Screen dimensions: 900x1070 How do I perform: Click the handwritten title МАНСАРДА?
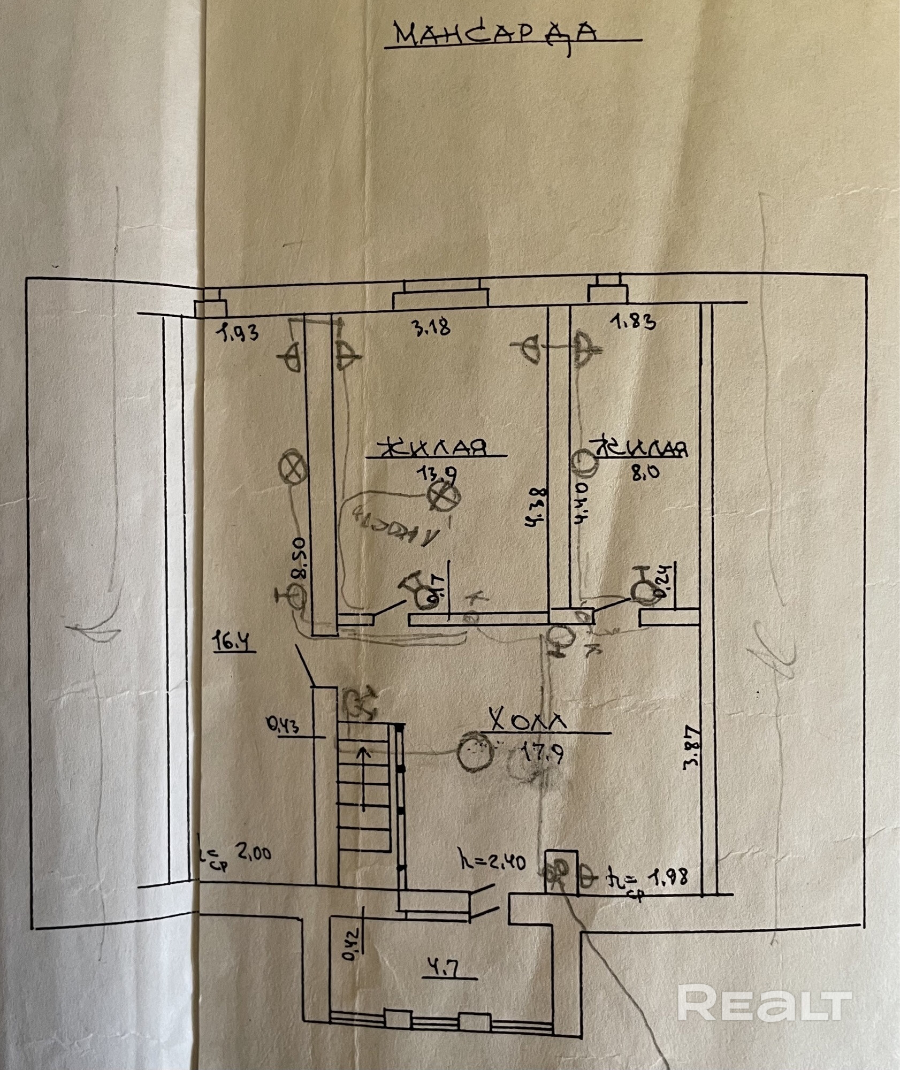point(494,35)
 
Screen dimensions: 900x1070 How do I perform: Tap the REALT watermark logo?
point(764,1003)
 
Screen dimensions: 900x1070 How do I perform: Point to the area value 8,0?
point(645,472)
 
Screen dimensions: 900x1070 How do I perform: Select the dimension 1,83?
point(633,322)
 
